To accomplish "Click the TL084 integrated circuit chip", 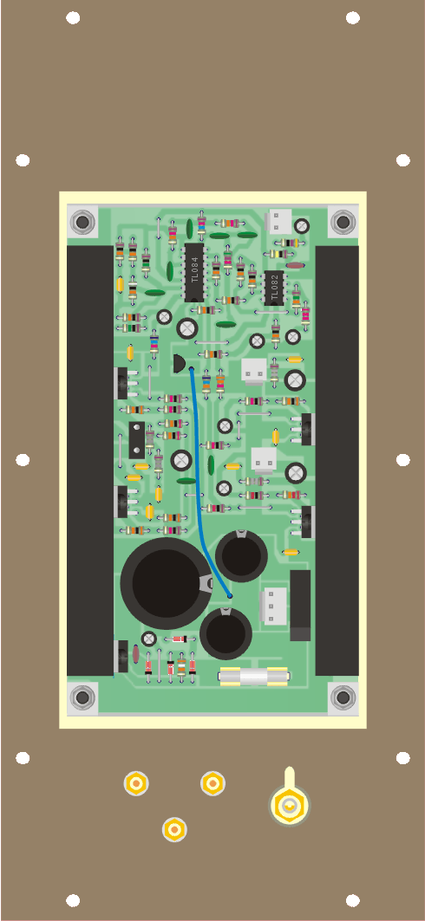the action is [x=194, y=273].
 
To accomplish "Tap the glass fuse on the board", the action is [x=253, y=677].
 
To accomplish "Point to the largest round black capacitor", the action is [x=167, y=583].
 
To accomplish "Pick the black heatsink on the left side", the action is [x=90, y=461].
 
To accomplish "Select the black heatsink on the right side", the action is [x=337, y=461].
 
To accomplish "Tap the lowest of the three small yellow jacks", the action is [x=174, y=829].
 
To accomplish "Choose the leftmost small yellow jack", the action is [x=136, y=783].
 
